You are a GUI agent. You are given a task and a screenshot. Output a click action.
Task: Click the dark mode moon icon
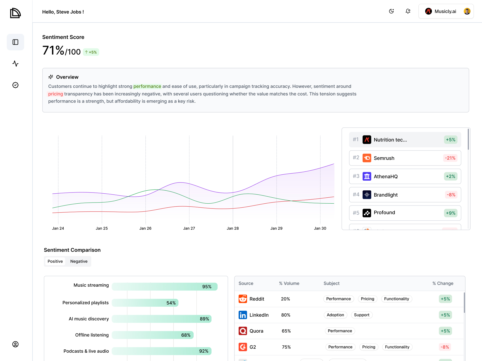(x=391, y=11)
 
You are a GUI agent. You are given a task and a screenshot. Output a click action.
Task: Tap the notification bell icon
(x=408, y=11)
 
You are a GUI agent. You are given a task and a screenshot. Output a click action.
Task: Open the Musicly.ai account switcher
(x=446, y=11)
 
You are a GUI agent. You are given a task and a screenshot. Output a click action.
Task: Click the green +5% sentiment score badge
(x=91, y=52)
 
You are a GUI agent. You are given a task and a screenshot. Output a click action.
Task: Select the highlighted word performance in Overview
(x=147, y=86)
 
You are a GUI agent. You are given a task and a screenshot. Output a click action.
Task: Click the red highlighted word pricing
(x=56, y=94)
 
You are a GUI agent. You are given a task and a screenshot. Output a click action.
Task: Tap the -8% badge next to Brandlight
(x=451, y=195)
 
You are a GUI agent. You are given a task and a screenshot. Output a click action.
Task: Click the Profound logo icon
(x=367, y=213)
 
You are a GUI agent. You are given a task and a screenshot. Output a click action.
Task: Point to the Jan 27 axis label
(x=189, y=228)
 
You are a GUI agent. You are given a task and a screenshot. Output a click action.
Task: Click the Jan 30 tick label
(x=320, y=228)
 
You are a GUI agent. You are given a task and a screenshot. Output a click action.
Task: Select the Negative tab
(x=79, y=261)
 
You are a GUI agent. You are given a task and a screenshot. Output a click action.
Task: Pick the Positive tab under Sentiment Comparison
(x=55, y=261)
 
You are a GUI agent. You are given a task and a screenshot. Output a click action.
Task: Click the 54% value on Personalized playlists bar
(x=171, y=303)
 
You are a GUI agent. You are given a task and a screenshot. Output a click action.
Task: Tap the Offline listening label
(x=92, y=335)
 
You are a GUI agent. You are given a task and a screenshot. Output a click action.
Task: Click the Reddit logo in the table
(x=243, y=299)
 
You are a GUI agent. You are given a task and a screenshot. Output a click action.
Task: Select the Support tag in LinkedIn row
(x=361, y=315)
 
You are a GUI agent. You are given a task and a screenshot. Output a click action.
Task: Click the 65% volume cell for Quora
(x=286, y=331)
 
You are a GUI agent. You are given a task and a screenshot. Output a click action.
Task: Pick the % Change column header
(x=443, y=283)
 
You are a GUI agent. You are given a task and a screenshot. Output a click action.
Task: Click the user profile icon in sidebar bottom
(x=15, y=344)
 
